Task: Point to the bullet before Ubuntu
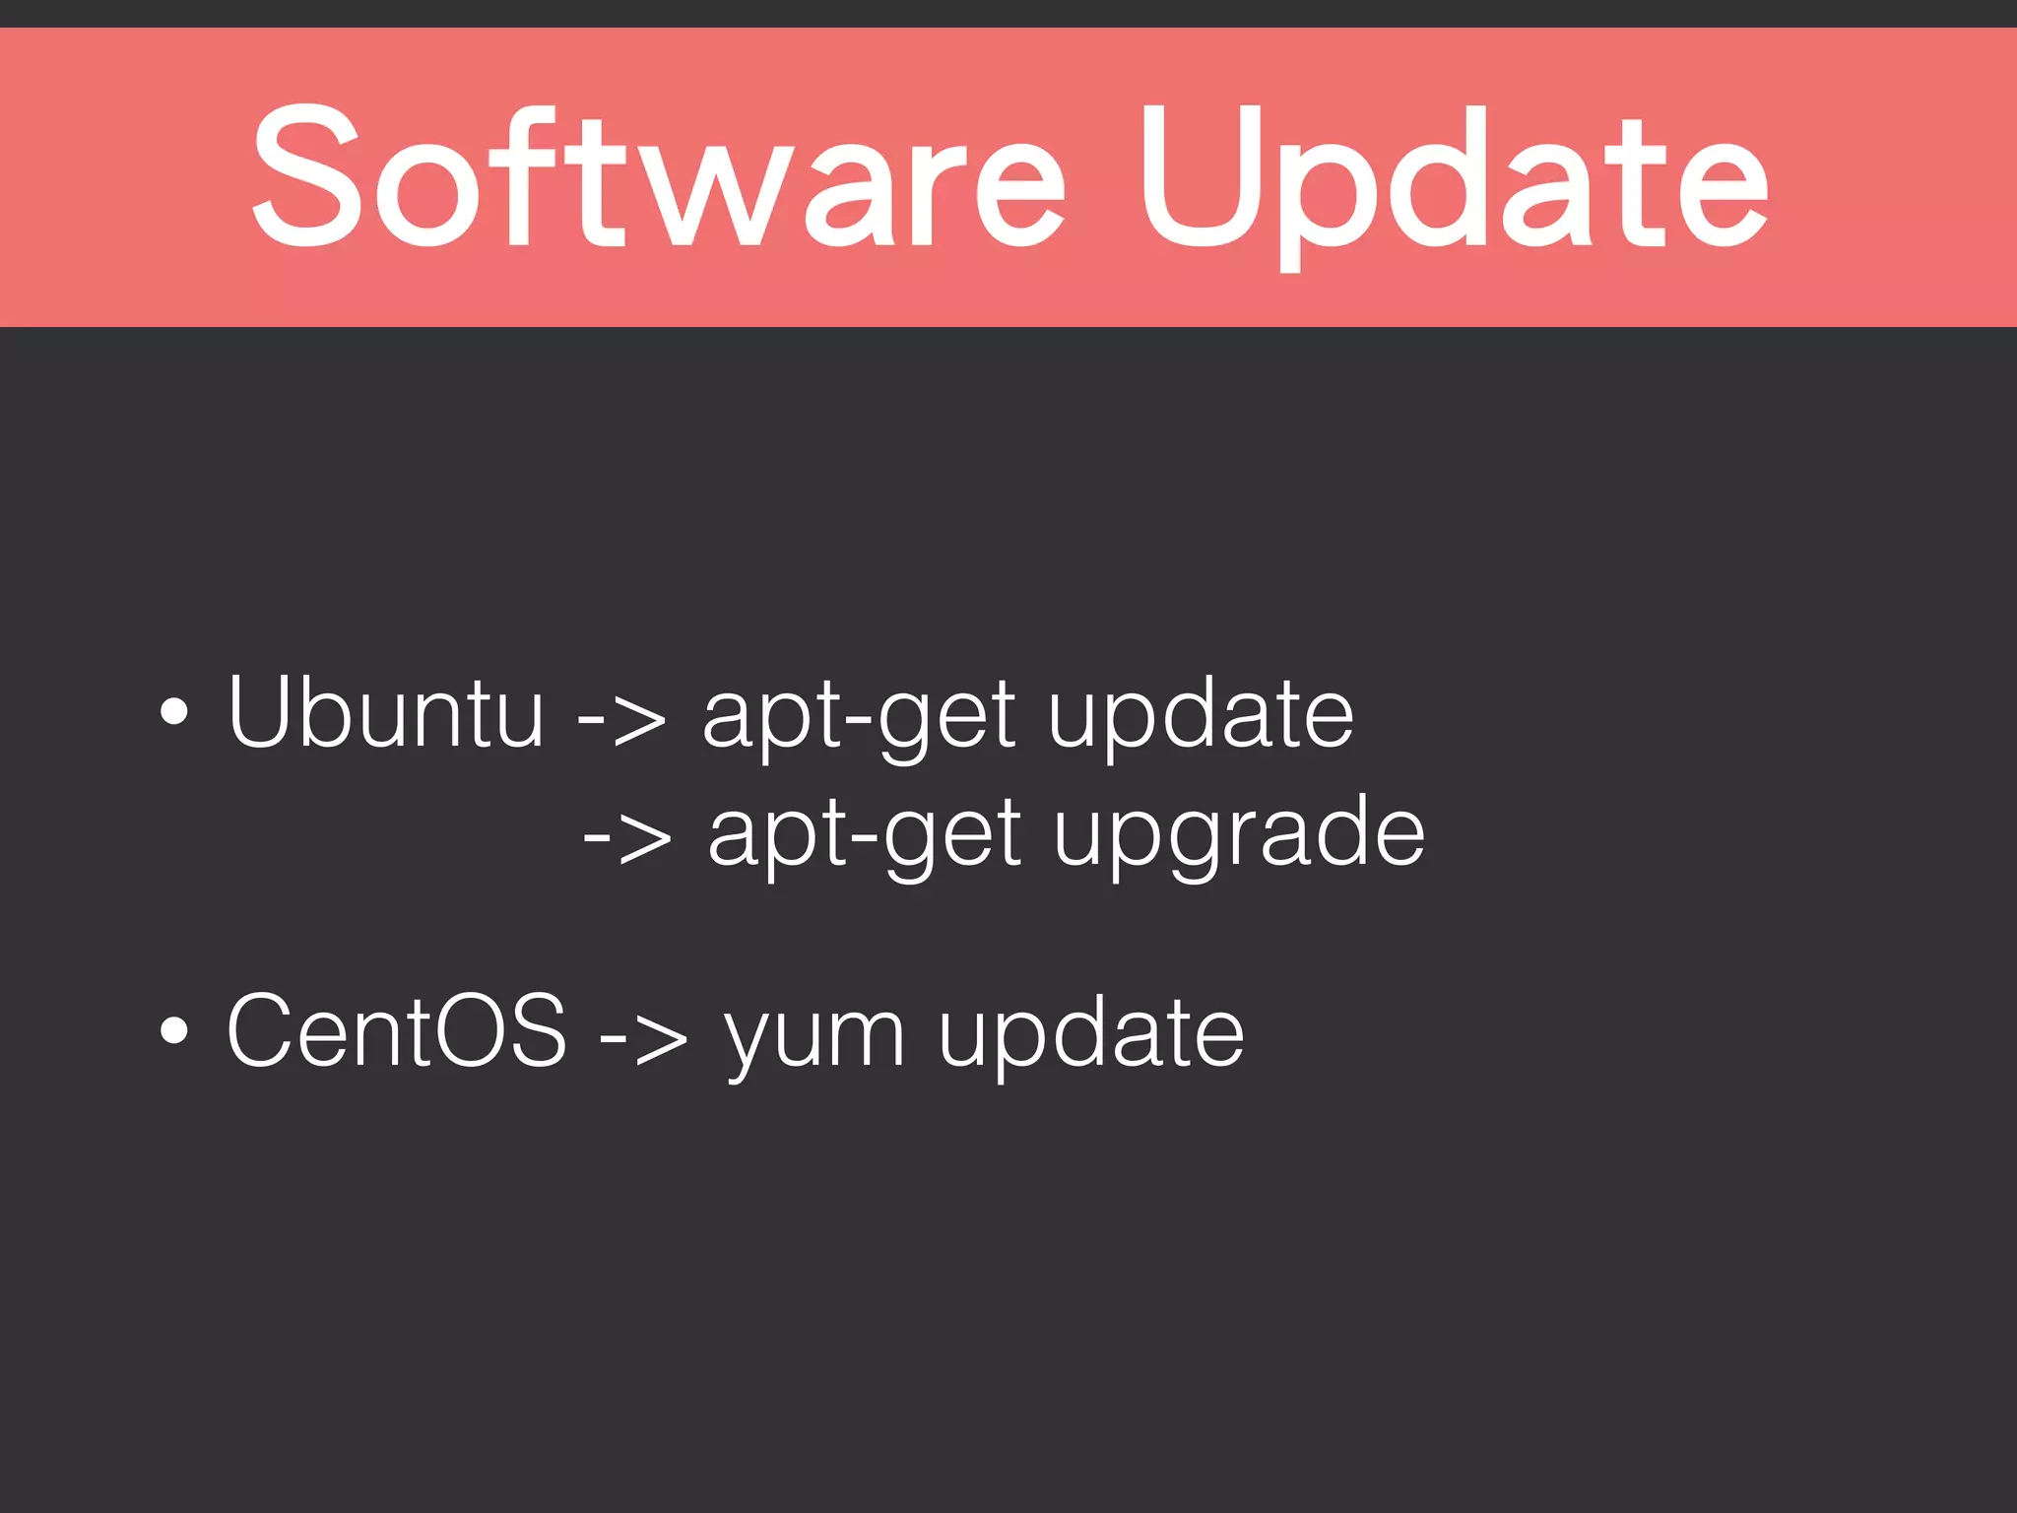173,711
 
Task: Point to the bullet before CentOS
173,1030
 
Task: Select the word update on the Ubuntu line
1201,717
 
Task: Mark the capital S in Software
303,175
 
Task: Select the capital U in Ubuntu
262,711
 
